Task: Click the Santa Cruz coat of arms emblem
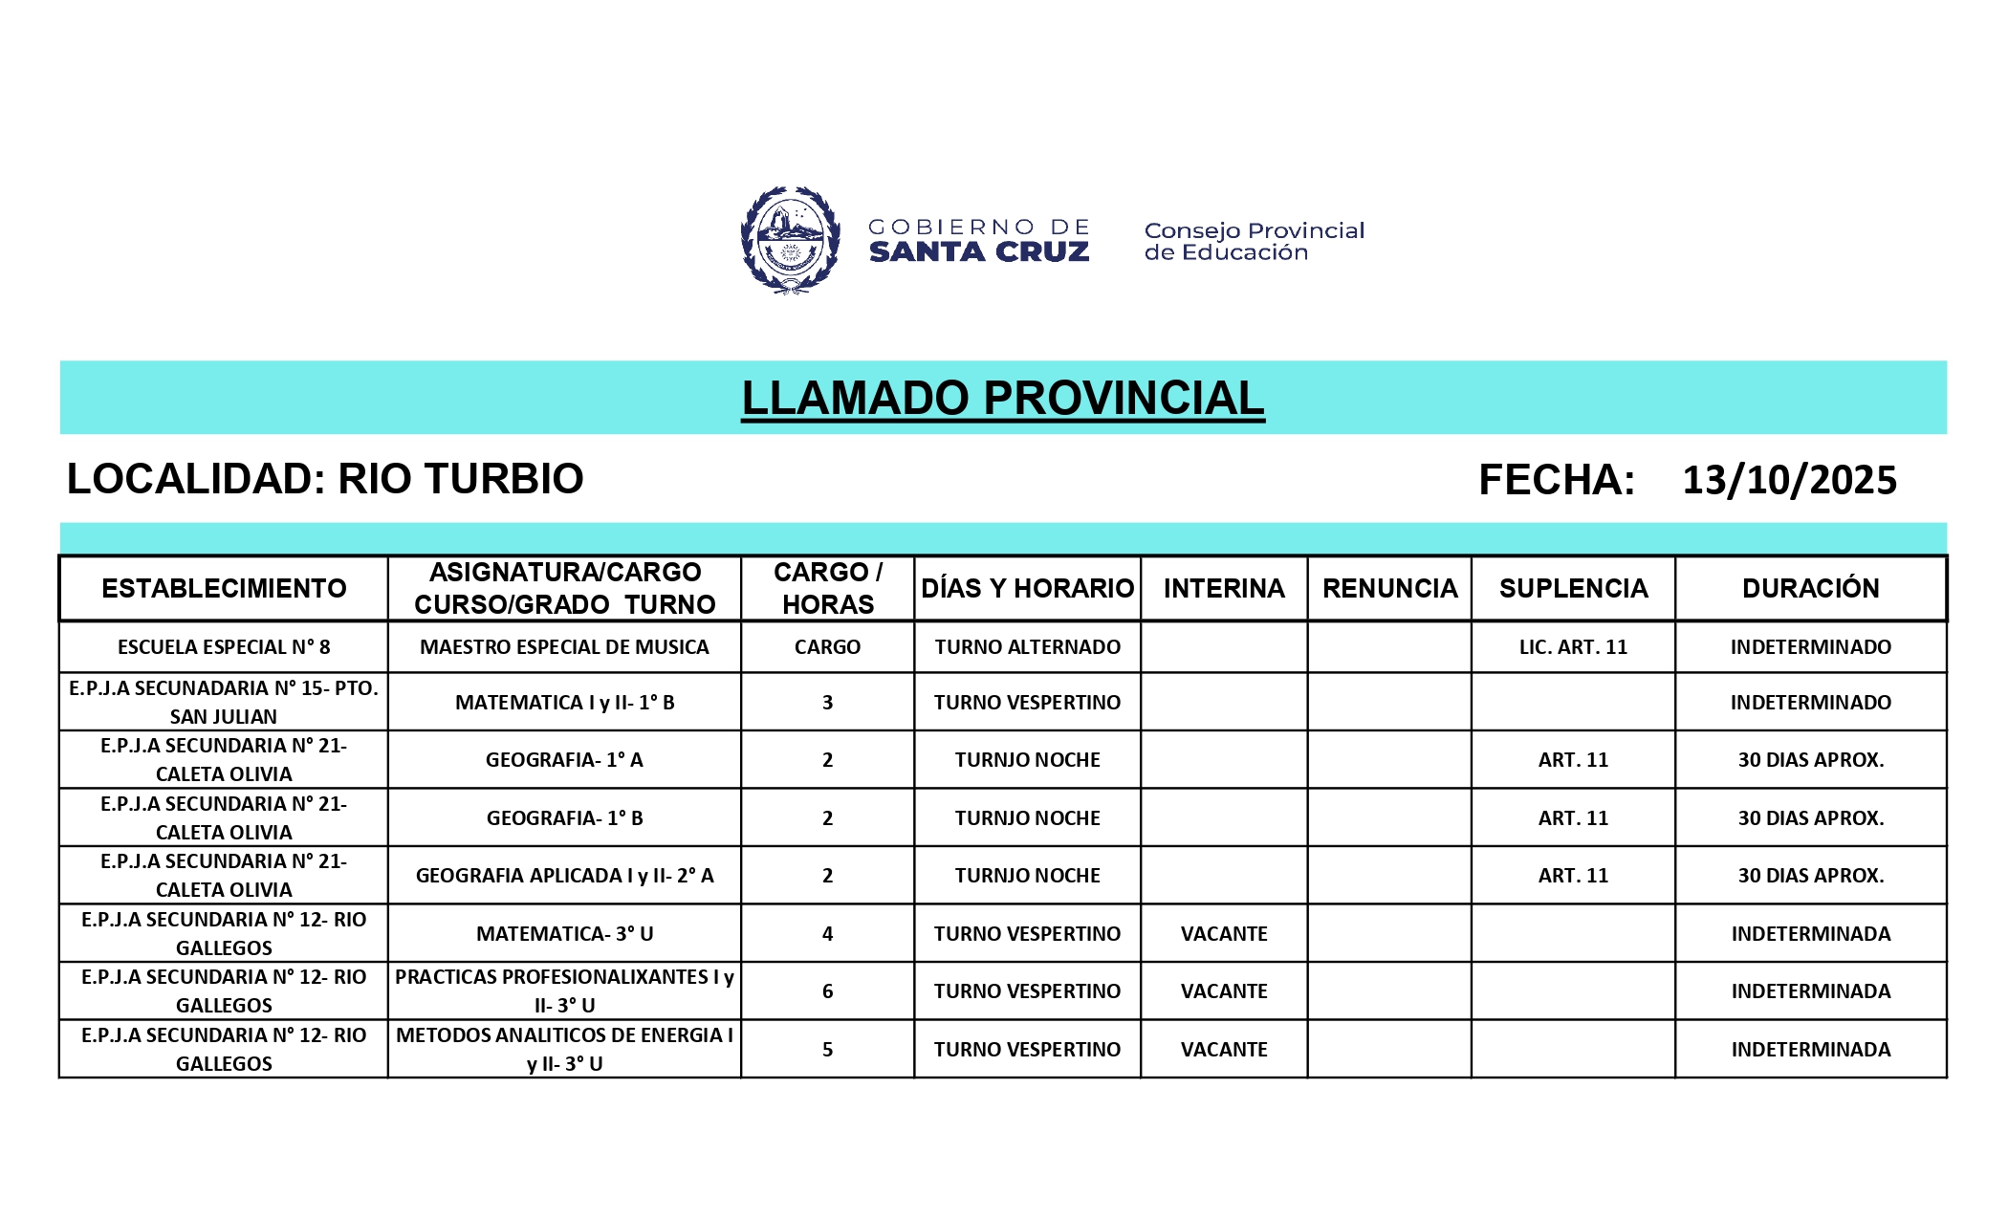coord(790,240)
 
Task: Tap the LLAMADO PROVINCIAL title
coord(1003,398)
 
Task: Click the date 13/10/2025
coord(1789,480)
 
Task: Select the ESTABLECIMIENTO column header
coord(224,588)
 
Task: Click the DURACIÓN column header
coord(1810,588)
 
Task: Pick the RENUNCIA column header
coord(1389,588)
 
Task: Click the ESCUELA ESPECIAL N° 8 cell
coord(224,647)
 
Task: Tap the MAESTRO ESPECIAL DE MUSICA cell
coord(564,647)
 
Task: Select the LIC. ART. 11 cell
coord(1573,647)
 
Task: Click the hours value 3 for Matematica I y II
coord(827,703)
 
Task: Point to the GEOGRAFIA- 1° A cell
coord(564,760)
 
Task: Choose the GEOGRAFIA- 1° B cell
coord(564,818)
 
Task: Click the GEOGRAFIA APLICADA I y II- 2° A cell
coord(564,876)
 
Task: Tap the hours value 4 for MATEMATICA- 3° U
coord(827,934)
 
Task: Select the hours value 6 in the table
coord(827,991)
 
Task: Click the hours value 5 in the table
coord(827,1050)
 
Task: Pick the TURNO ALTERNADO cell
coord(1027,647)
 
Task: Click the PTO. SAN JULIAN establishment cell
coord(224,703)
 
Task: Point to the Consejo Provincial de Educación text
coord(1254,241)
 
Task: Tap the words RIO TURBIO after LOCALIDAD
coord(460,479)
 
